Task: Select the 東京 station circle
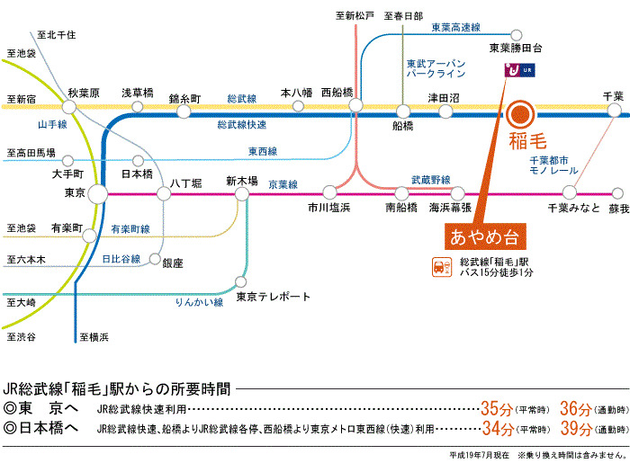pos(98,193)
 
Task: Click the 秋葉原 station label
pos(83,93)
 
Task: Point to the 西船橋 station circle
pos(357,106)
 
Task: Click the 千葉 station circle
pos(614,111)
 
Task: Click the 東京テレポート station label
pos(273,297)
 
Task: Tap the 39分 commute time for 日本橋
pos(575,427)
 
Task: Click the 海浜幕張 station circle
pos(459,192)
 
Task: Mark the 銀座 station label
pos(172,263)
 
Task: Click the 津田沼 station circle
pos(445,111)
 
